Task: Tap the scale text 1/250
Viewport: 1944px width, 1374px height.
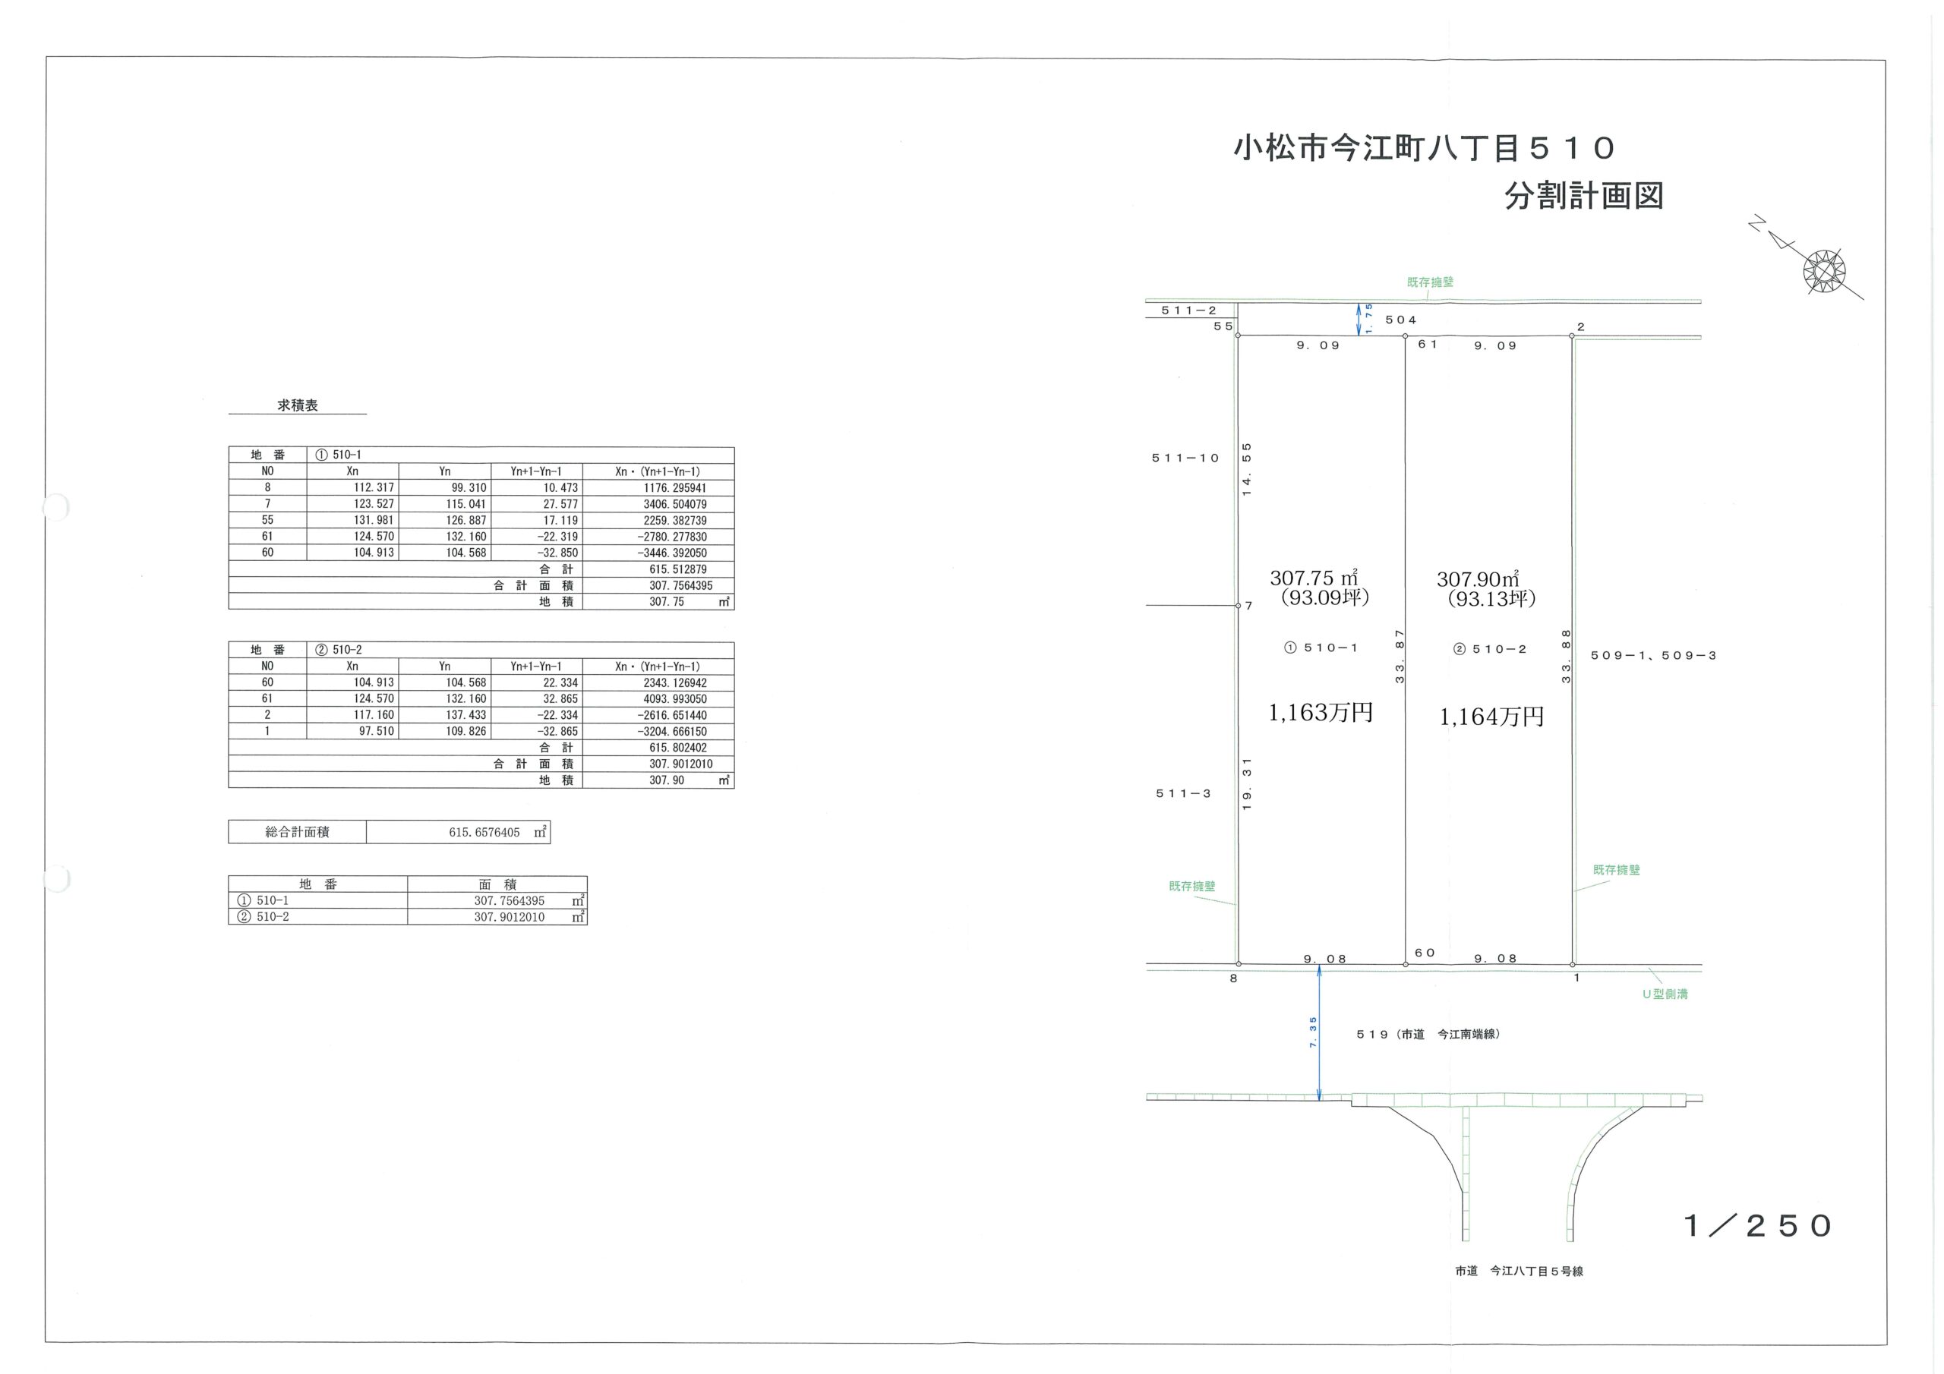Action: pos(1758,1225)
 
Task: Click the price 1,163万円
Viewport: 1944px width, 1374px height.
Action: pos(1320,713)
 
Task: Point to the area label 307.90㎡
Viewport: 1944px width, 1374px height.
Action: pos(1478,579)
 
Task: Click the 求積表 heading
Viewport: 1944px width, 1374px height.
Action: pos(297,405)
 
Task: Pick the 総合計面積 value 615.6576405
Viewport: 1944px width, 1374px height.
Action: pos(484,832)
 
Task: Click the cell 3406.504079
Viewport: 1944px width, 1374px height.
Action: pos(675,504)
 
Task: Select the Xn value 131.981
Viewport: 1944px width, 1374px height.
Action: pos(374,520)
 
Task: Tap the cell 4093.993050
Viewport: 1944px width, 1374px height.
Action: pos(675,698)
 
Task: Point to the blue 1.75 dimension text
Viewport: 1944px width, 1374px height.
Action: pos(1368,318)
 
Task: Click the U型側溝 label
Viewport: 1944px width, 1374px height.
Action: pos(1665,994)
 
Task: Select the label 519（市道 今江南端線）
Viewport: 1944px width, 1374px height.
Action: pos(1428,1034)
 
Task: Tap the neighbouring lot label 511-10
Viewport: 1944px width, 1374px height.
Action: pos(1185,458)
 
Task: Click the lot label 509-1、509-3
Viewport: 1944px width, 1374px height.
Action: pos(1652,655)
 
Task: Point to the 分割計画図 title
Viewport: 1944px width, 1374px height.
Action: pos(1583,196)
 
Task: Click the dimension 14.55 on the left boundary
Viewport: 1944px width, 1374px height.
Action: pos(1246,469)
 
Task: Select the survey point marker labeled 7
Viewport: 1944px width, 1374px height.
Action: pos(1238,606)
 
